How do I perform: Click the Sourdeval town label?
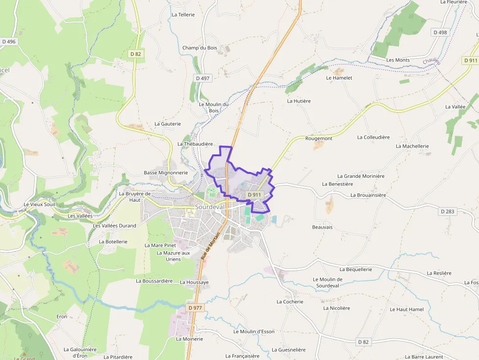coord(210,207)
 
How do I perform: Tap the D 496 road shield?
coord(9,42)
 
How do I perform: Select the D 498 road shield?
coord(440,32)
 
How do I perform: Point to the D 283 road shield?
coord(447,212)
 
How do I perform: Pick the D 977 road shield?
coord(195,308)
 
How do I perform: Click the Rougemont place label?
coord(319,139)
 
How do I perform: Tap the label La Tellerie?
coord(183,15)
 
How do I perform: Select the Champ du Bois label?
coord(199,48)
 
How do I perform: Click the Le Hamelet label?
coord(339,78)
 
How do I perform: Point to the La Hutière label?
coord(299,101)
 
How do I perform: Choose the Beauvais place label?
coord(322,227)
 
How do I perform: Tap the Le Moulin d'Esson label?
coord(254,332)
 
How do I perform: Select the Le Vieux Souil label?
coord(39,204)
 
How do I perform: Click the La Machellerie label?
coord(413,146)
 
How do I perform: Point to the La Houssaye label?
coord(194,282)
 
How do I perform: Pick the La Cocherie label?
coord(290,302)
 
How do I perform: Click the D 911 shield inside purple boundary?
coord(255,194)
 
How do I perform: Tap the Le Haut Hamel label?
coord(407,309)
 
